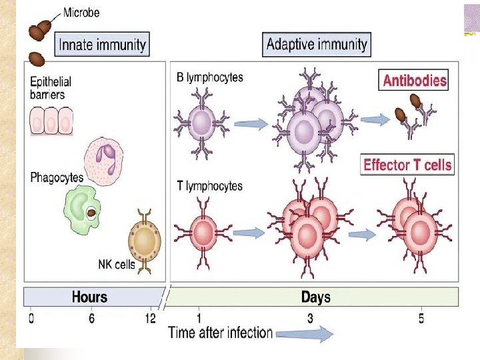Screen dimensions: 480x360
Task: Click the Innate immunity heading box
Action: coord(102,45)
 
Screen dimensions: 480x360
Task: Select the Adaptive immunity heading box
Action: coord(316,45)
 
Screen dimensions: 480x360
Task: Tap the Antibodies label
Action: coord(414,81)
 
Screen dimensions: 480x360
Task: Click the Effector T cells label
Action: coord(407,165)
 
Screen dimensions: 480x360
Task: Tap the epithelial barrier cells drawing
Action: coord(50,122)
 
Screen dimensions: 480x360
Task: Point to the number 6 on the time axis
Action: coord(91,319)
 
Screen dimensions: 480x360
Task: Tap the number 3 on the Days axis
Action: coord(311,319)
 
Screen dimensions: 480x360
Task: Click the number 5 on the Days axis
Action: coord(421,319)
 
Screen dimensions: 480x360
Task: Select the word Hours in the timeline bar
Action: coord(89,297)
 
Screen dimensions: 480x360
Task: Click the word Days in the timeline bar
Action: coord(315,297)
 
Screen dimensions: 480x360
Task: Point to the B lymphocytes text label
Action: coord(209,77)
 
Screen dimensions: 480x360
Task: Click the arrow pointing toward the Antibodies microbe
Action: coord(374,119)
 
